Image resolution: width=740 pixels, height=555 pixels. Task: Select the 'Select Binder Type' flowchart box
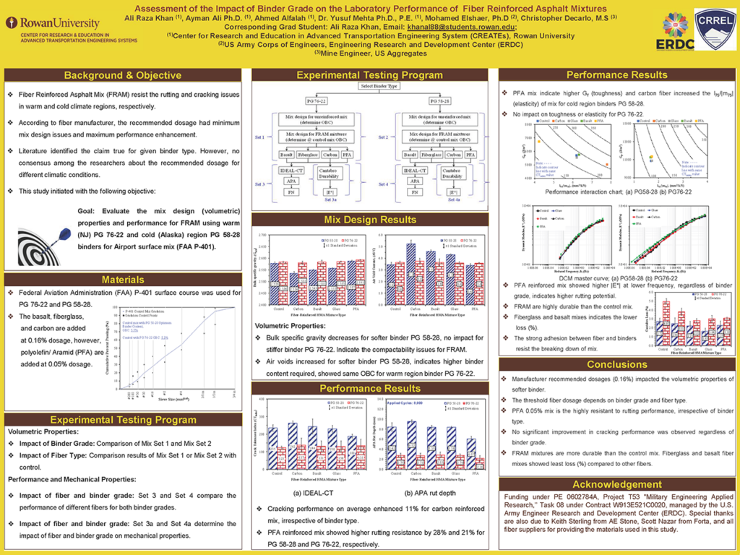379,87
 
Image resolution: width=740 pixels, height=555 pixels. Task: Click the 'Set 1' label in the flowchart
264,136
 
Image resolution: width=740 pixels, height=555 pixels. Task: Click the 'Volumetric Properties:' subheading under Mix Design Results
288,326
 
